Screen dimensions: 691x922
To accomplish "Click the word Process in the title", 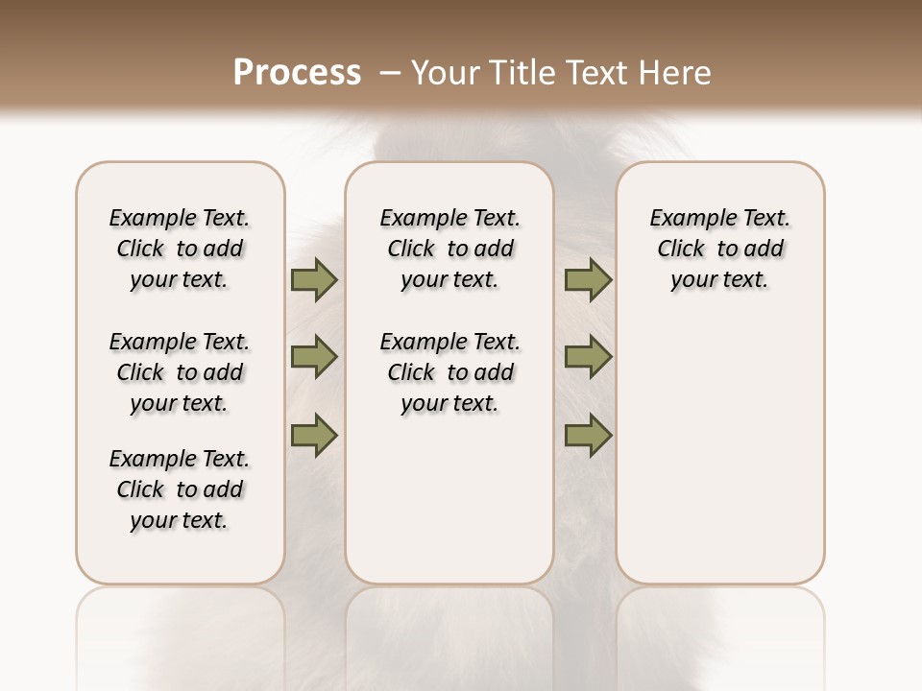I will (297, 73).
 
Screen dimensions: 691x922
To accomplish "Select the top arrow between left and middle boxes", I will (314, 279).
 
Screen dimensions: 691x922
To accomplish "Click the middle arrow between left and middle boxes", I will (314, 357).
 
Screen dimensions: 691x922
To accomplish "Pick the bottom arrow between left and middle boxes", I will (314, 435).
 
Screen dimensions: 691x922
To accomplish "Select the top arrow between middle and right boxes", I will (588, 279).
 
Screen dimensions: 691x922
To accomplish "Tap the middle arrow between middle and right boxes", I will (588, 357).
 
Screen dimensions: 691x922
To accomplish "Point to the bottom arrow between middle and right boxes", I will (588, 435).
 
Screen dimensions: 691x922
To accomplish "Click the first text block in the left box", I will (180, 249).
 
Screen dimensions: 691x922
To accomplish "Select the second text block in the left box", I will (180, 372).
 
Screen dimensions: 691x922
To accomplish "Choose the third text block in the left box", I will (180, 489).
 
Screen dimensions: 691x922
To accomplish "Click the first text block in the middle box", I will (449, 249).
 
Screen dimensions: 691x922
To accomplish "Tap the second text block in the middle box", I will (449, 372).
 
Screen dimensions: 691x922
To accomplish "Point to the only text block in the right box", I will (719, 249).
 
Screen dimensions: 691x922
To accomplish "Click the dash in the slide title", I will (390, 73).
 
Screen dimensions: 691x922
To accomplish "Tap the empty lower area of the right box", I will (719, 451).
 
